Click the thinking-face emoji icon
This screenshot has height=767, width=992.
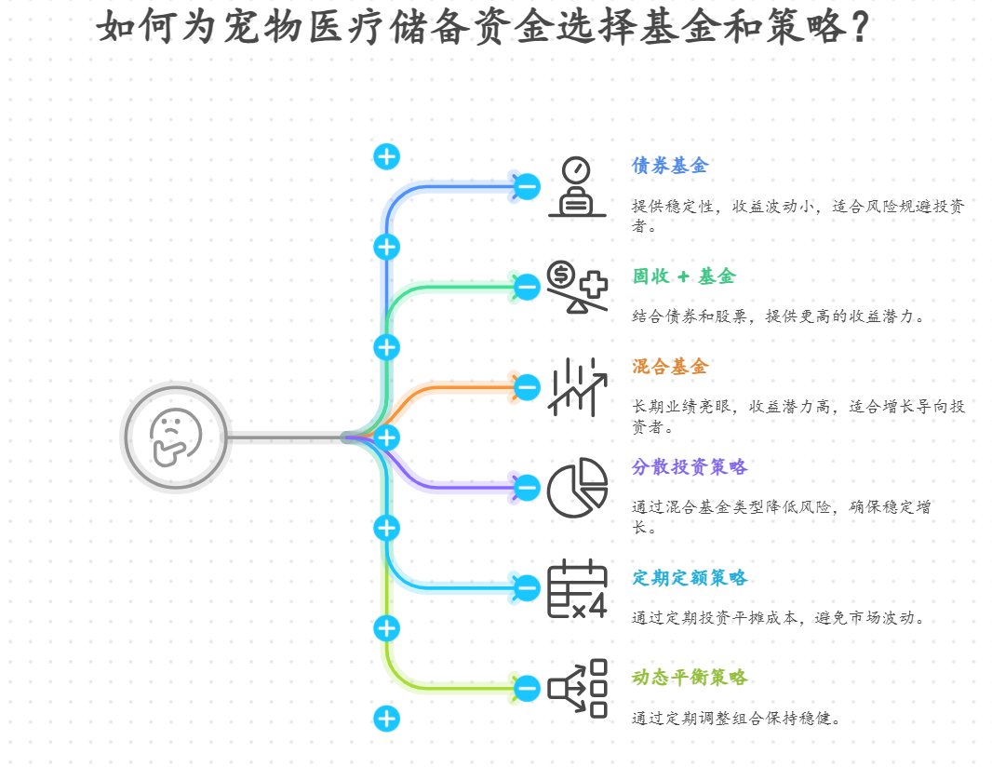pos(176,437)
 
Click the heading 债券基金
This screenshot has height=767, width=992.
pos(670,166)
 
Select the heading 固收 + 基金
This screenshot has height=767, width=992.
pos(683,276)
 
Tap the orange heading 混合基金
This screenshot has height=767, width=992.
pos(670,367)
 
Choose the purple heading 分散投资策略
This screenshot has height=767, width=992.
pos(690,467)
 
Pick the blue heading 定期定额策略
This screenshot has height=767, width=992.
pos(690,578)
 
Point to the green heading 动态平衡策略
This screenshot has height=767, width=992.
pos(690,678)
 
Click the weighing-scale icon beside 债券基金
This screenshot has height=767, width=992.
pos(577,187)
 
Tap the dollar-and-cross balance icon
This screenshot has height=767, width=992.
pos(577,287)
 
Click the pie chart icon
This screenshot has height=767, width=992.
pos(577,487)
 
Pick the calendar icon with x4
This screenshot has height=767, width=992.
pos(577,588)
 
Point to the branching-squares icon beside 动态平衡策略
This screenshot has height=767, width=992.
pos(577,688)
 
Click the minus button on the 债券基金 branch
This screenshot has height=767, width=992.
pos(527,186)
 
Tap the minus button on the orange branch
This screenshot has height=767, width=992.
pos(527,387)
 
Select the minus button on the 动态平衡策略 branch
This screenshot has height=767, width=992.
pos(527,688)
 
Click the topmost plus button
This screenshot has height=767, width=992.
pos(386,156)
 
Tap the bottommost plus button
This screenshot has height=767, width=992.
pos(386,719)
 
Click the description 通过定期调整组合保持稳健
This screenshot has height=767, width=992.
pos(736,719)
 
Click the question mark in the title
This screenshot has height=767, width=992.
pos(861,28)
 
